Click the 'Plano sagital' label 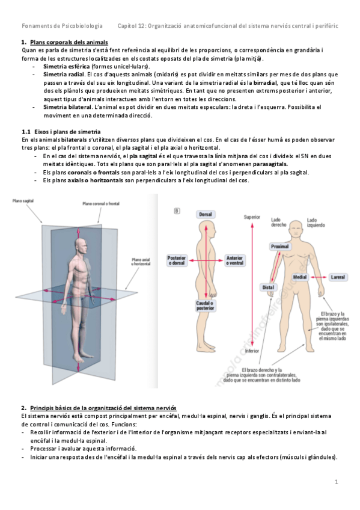pyautogui.click(x=23, y=201)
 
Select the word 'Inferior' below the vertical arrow pyautogui.click(x=252, y=350)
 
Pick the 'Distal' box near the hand pyautogui.click(x=268, y=288)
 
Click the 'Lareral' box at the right pyautogui.click(x=338, y=277)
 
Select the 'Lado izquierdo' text pyautogui.click(x=317, y=223)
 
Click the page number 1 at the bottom pyautogui.click(x=337, y=482)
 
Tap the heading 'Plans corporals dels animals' pyautogui.click(x=69, y=42)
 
